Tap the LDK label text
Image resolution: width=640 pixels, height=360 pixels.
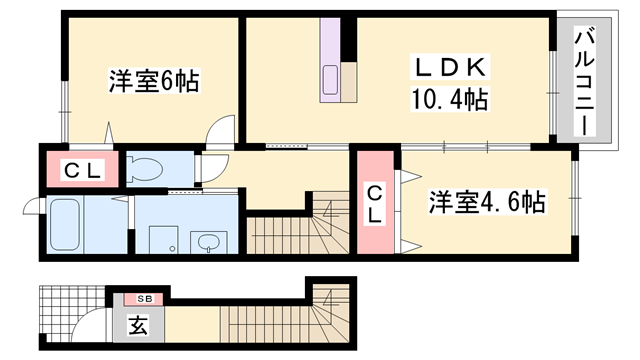point(450,68)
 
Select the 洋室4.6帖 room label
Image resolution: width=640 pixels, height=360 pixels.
point(487,202)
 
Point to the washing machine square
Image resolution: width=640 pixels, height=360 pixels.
point(162,240)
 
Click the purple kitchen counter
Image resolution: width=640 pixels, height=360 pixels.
point(331,62)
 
